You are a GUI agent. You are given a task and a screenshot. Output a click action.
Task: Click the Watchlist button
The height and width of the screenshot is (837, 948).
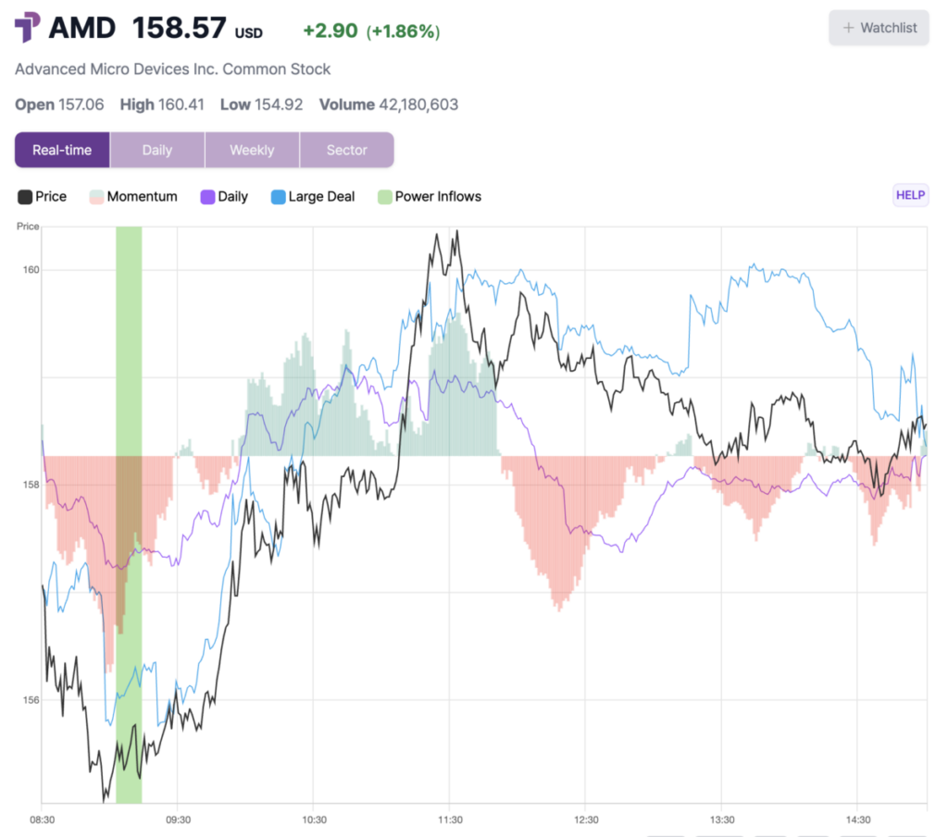(879, 28)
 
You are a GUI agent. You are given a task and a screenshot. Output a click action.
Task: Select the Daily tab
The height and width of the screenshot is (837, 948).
(156, 150)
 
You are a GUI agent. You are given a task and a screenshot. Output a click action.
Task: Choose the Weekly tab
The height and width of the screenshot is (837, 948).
(252, 150)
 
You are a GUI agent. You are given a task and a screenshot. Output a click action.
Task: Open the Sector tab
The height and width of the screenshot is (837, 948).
(346, 150)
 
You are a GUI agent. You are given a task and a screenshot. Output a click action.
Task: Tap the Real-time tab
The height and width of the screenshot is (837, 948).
(62, 150)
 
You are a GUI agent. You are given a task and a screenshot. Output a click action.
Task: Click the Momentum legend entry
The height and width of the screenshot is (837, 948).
(133, 196)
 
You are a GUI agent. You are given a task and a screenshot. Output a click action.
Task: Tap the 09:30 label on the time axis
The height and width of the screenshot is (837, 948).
(178, 819)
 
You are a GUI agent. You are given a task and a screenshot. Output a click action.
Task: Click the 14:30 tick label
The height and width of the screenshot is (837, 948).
(857, 819)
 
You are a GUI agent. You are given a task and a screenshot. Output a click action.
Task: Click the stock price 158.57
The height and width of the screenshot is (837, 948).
(179, 28)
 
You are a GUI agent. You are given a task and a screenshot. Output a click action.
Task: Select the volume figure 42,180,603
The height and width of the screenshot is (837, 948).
(418, 105)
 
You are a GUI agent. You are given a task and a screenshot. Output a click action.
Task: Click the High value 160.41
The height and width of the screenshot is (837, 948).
(181, 105)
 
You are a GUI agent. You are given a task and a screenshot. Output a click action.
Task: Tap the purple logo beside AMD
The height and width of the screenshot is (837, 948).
(28, 28)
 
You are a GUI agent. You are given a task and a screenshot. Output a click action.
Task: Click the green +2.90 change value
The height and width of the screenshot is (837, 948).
(331, 31)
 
